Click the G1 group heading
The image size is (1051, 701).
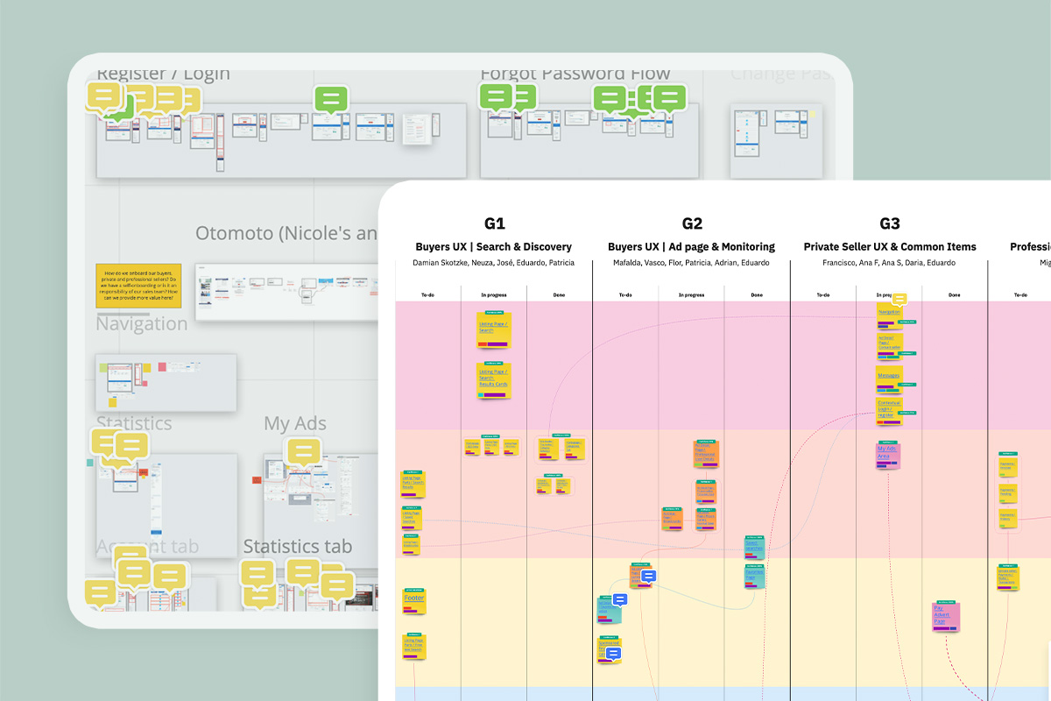pos(494,224)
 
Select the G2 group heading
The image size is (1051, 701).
pos(692,224)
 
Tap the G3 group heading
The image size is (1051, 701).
pos(889,224)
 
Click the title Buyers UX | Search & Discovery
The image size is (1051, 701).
pos(493,247)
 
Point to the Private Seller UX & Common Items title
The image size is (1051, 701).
pos(890,247)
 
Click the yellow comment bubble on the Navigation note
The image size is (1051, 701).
pos(899,300)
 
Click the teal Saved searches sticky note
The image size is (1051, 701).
pos(755,577)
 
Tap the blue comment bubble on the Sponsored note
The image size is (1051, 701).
pos(613,653)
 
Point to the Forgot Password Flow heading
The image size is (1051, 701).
pos(575,74)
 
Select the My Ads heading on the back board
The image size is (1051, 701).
pos(295,424)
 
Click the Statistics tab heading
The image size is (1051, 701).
pos(298,547)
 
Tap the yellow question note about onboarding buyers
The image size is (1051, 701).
pos(138,286)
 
